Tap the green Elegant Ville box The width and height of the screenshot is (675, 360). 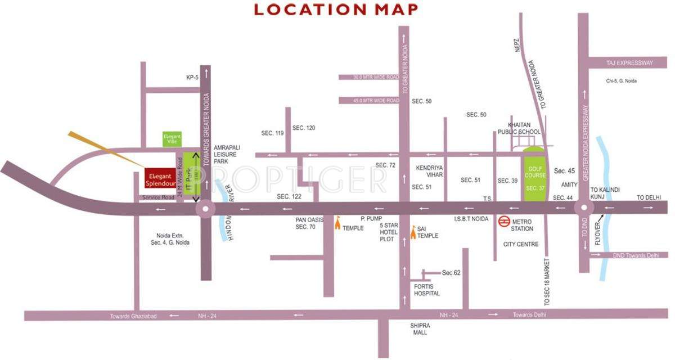172,139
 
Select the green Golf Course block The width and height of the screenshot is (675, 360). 535,174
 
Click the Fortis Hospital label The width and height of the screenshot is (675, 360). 426,290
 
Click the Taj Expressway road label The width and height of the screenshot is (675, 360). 629,63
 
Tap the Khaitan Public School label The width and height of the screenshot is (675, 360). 519,128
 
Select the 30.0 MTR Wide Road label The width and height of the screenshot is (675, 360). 369,77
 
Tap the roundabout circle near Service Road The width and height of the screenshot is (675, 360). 205,209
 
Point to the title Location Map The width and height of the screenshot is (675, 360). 336,10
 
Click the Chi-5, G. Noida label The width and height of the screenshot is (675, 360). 622,81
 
